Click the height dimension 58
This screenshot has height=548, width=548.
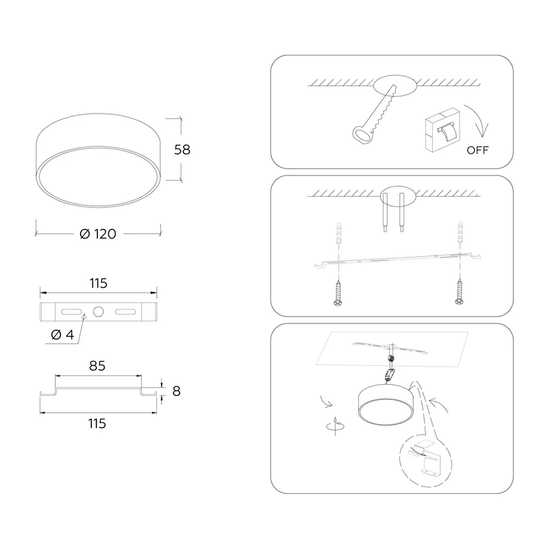(x=182, y=149)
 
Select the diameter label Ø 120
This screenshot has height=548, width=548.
(x=98, y=234)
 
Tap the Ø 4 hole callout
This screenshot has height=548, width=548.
(x=62, y=335)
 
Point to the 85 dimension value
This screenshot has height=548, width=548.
(x=97, y=366)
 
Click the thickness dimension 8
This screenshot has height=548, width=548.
(x=177, y=391)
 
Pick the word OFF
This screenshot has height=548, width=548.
(x=477, y=150)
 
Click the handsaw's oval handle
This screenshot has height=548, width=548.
(x=362, y=134)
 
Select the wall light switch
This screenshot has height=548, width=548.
(x=443, y=129)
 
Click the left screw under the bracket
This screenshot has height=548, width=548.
(x=338, y=293)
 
